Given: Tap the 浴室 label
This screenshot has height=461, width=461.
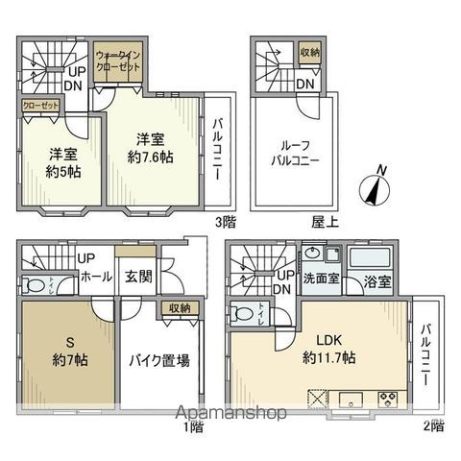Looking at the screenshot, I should (x=376, y=282).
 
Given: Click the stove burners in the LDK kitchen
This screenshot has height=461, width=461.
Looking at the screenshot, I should (x=390, y=399).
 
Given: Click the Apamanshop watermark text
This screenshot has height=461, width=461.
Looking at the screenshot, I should (x=230, y=415).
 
